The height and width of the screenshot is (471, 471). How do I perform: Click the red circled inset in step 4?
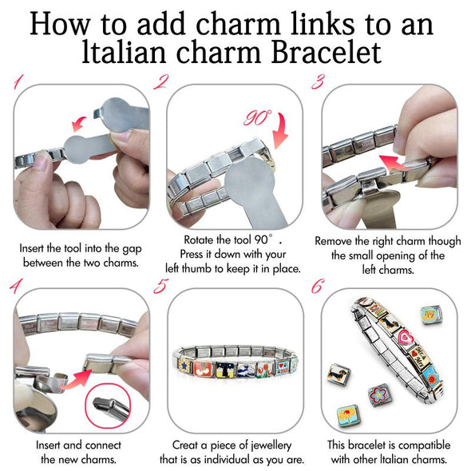coord(110,402)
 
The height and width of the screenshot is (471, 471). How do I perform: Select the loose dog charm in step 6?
coord(338,373)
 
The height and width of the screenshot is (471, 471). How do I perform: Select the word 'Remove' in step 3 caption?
coord(336,240)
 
